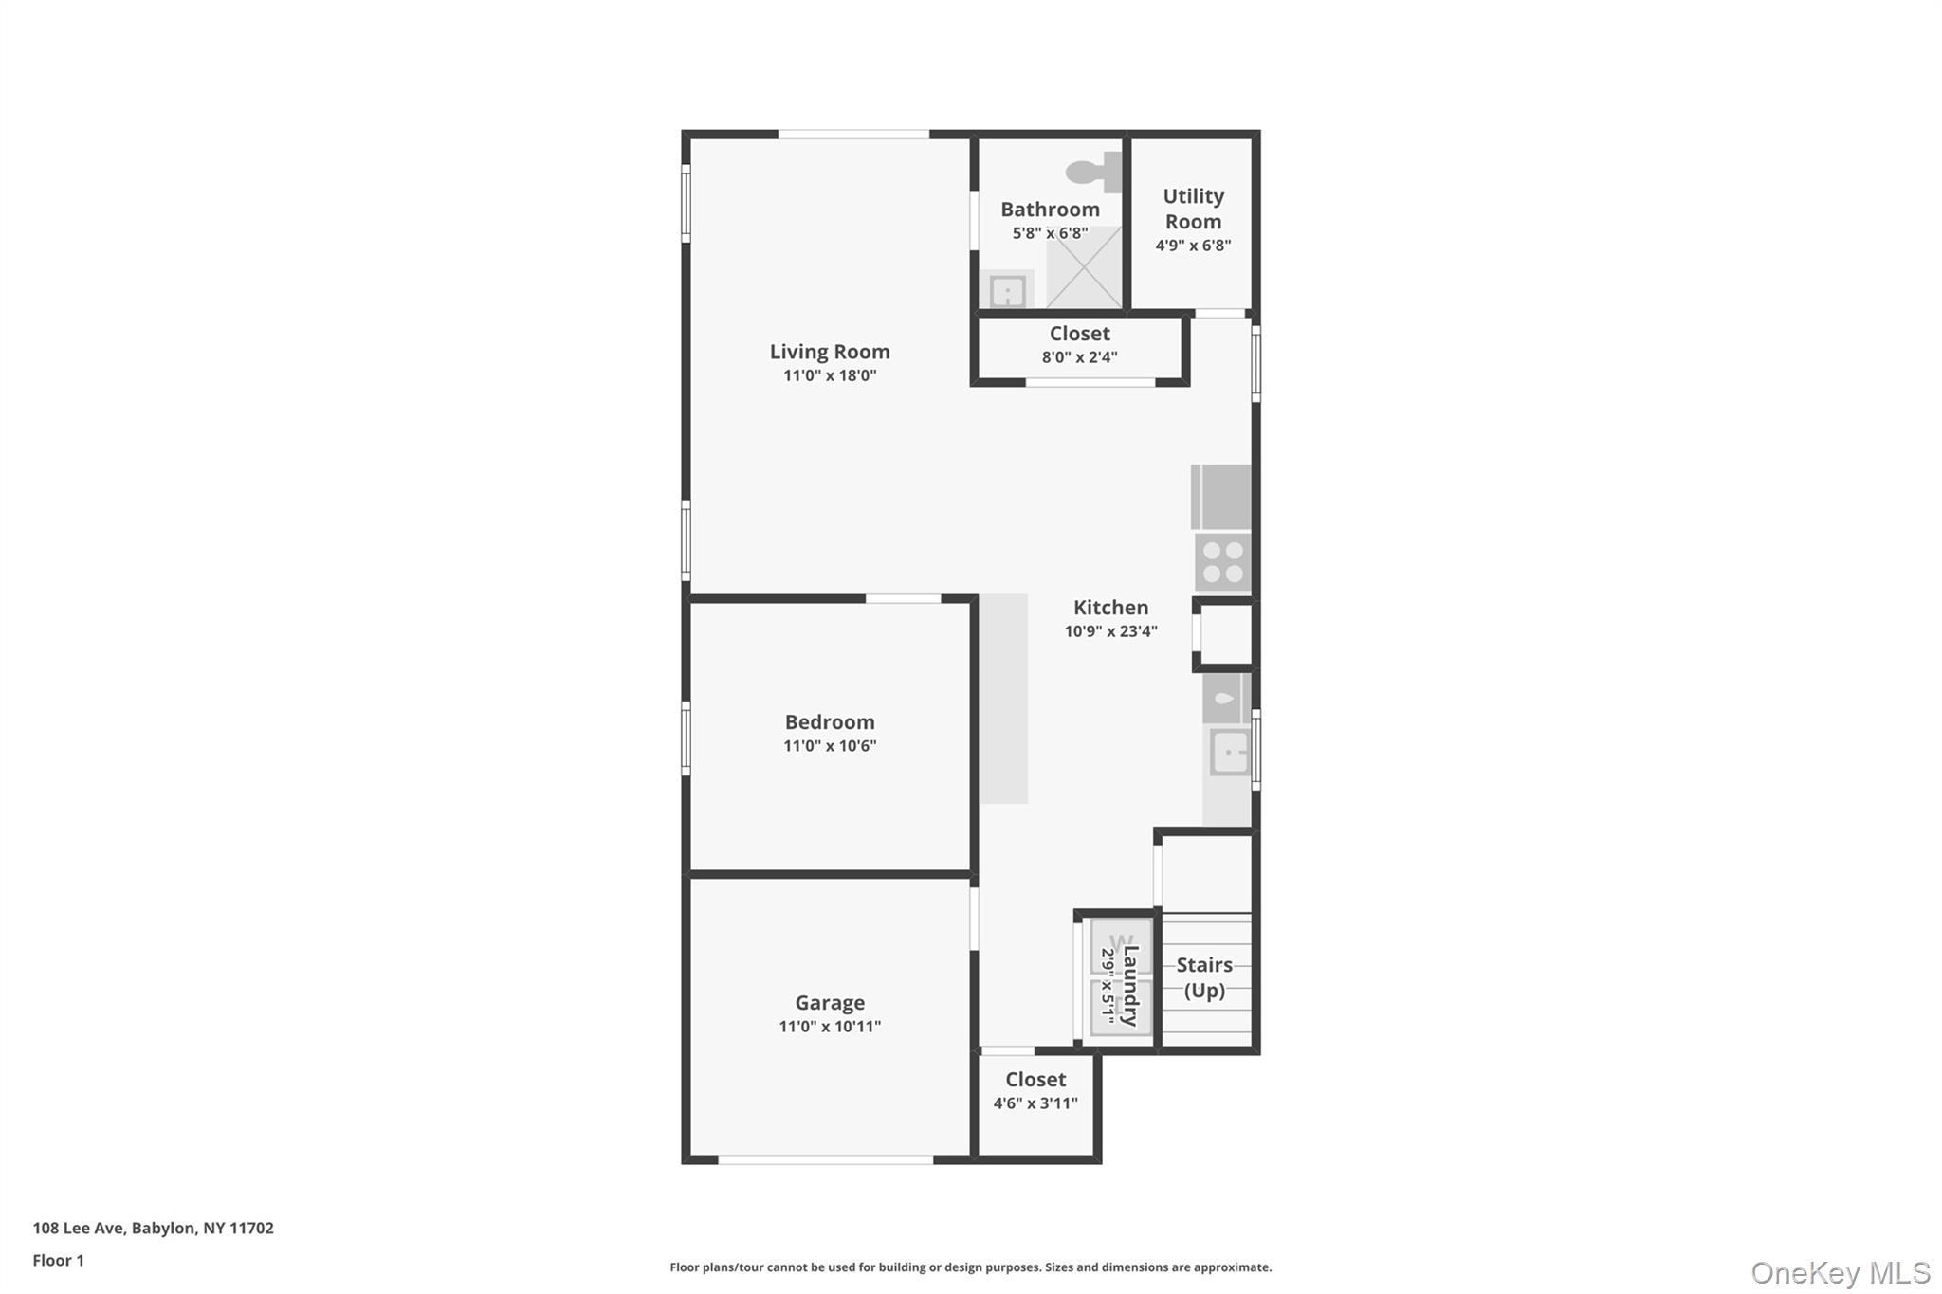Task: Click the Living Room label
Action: coord(830,352)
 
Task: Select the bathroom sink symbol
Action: coord(1007,290)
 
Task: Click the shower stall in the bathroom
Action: coord(1084,266)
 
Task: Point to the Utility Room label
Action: coord(1193,209)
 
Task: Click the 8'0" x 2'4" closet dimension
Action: coord(1079,357)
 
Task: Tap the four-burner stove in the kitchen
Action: coord(1222,562)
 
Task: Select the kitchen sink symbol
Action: coord(1229,753)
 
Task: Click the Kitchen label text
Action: coord(1110,608)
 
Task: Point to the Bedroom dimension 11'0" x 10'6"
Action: coord(830,746)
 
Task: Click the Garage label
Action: coord(830,1003)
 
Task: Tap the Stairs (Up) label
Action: coord(1204,977)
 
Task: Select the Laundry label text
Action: coord(1130,986)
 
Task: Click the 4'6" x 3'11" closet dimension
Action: coord(1035,1103)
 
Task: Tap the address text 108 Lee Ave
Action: coord(78,1228)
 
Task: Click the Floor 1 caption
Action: coord(58,1260)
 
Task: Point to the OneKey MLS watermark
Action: coord(1840,1272)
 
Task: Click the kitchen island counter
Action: coord(1003,699)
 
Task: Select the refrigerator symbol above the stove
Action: coord(1221,497)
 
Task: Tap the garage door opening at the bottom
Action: coord(826,1159)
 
